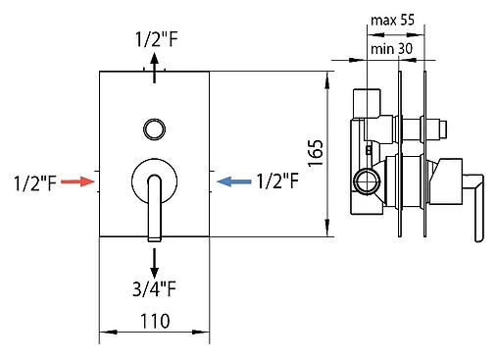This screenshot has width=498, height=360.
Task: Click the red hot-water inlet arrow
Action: coord(77,181)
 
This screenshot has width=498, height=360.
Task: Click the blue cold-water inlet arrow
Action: coord(234,181)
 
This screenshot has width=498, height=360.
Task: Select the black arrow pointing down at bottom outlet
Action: coord(154,263)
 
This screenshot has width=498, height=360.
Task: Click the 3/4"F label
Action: coord(154,288)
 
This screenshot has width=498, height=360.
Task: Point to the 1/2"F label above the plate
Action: coord(157,39)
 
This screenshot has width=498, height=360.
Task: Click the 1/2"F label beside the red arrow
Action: coord(35,182)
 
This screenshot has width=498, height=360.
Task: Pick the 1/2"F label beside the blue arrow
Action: coord(277,180)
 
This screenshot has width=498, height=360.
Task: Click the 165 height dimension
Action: coord(316,153)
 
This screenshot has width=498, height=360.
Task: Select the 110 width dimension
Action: coord(155,321)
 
